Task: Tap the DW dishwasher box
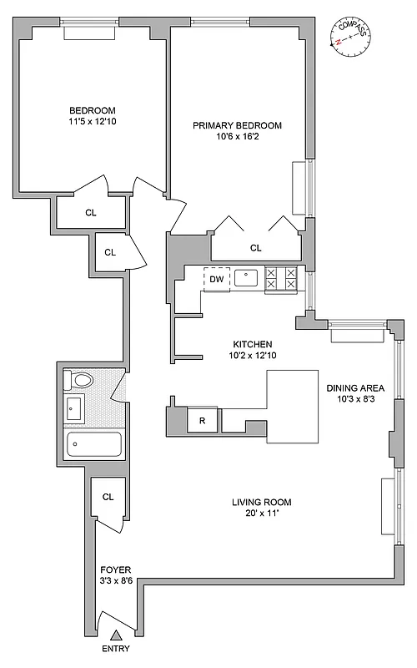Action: pos(216,280)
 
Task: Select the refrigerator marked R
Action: pos(201,420)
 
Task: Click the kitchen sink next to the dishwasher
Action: pos(246,278)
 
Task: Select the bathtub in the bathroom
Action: pos(93,444)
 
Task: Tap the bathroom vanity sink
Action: pos(74,409)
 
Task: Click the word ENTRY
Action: pos(115,650)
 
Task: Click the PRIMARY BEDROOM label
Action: pos(237,125)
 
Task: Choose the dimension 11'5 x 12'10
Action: pos(92,122)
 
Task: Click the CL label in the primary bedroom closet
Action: pos(255,248)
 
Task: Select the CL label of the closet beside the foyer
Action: pos(108,497)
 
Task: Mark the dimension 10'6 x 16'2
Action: pos(237,138)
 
